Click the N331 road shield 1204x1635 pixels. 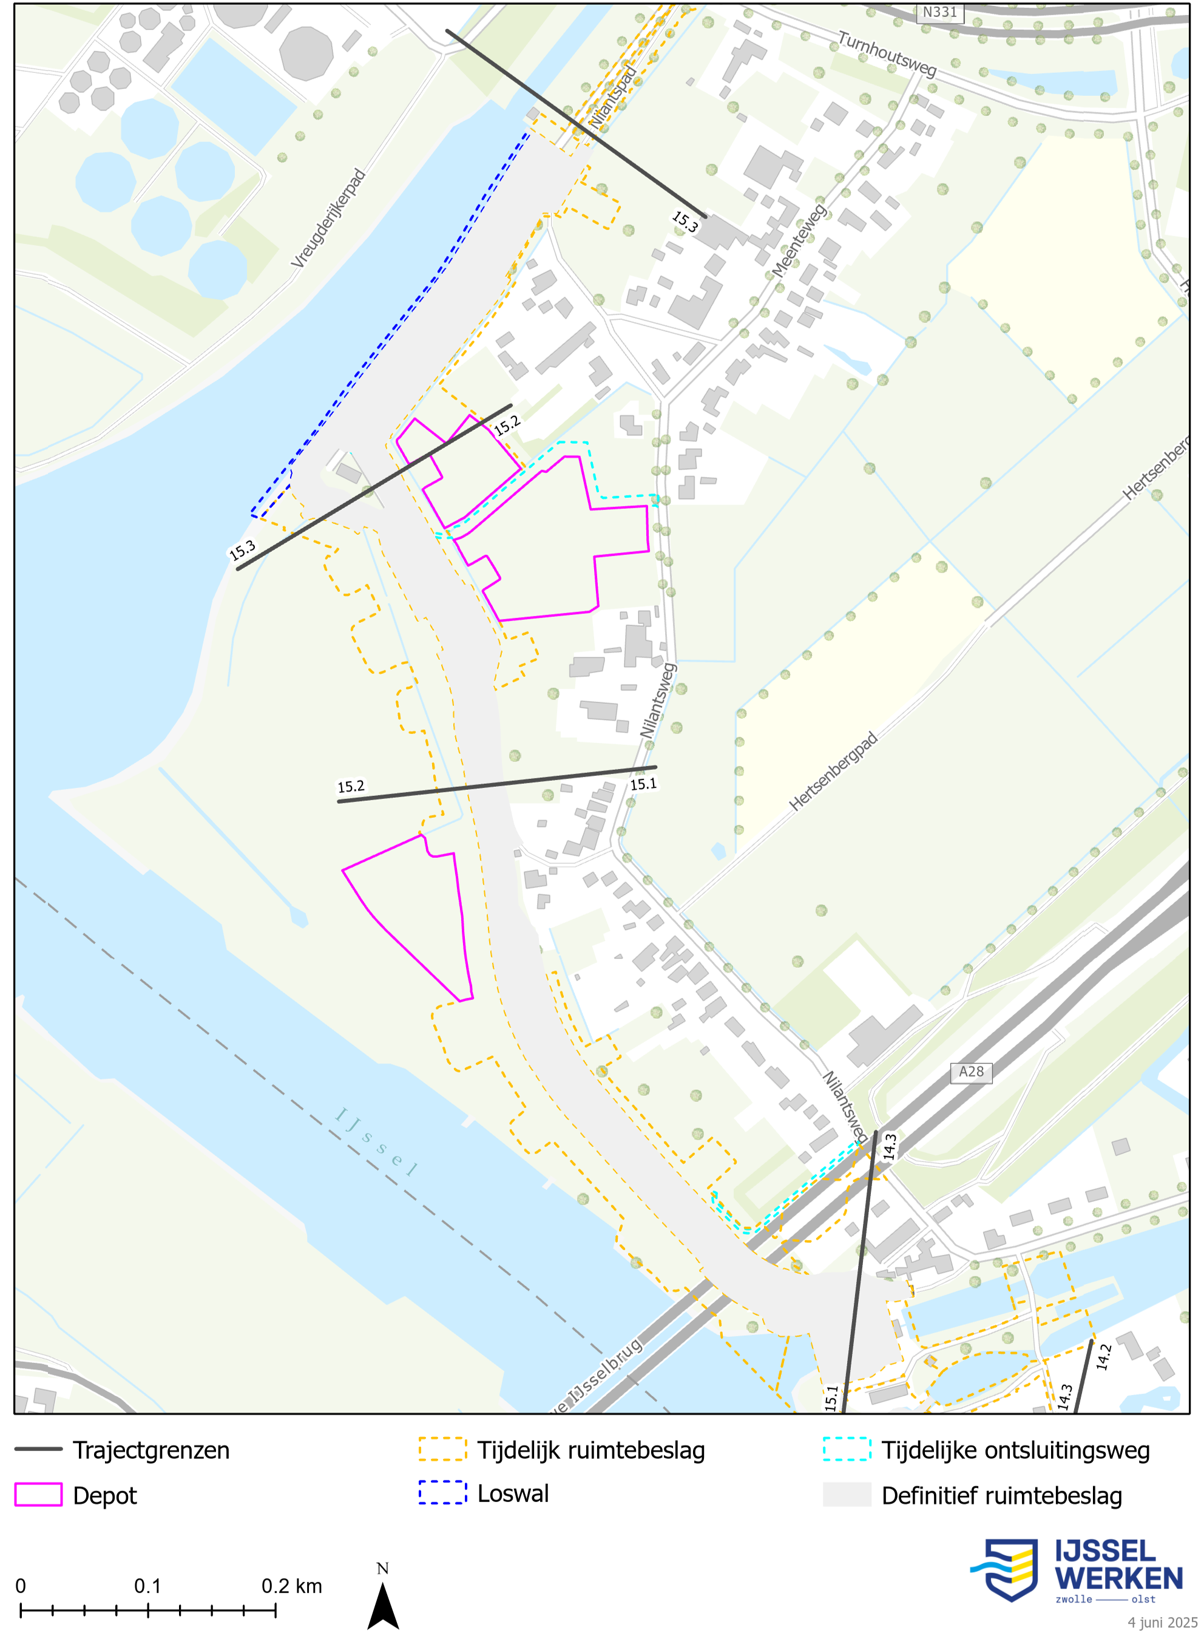pyautogui.click(x=939, y=12)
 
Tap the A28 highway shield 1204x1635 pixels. pyautogui.click(x=971, y=1072)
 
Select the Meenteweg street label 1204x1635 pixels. pyautogui.click(x=799, y=240)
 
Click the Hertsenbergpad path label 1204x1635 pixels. pyautogui.click(x=833, y=771)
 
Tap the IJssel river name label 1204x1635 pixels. pyautogui.click(x=376, y=1141)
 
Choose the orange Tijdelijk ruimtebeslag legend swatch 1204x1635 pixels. pyautogui.click(x=442, y=1449)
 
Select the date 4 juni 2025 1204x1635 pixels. pyautogui.click(x=1163, y=1622)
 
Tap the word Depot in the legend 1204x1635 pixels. pyautogui.click(x=105, y=1495)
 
